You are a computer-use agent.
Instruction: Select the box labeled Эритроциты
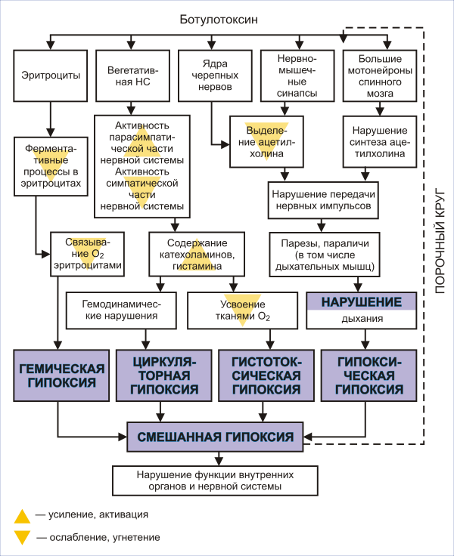pos(50,76)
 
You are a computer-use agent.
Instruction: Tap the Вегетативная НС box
pos(128,76)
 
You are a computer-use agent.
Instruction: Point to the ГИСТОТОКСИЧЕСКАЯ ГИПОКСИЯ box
pos(263,376)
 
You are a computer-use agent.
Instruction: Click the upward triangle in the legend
pos(23,516)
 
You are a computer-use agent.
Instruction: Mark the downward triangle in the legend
pos(23,538)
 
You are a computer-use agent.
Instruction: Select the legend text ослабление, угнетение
pos(104,537)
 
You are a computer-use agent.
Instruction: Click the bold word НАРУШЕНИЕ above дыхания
pos(361,301)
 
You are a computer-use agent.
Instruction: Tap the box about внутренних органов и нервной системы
pos(215,480)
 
